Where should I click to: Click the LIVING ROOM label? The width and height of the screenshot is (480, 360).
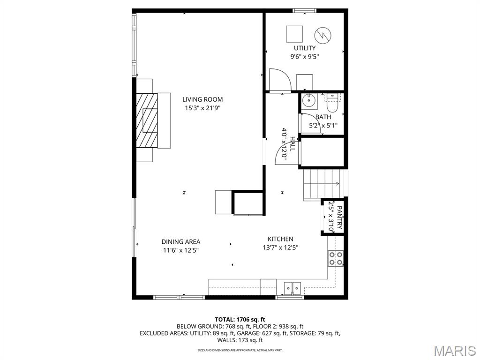[202, 99]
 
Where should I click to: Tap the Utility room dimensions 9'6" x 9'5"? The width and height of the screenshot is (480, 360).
[305, 57]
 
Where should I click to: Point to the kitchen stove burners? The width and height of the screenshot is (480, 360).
[336, 258]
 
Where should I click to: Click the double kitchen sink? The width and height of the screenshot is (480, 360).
[292, 288]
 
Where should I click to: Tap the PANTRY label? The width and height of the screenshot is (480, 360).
[339, 217]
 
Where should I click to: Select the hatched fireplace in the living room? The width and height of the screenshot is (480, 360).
[147, 120]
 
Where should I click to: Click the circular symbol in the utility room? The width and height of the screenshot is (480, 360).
[322, 35]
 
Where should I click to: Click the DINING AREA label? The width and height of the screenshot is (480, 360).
[181, 242]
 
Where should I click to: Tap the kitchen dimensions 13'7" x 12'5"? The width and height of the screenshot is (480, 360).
[280, 247]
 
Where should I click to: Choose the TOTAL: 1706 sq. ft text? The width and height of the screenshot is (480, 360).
[240, 320]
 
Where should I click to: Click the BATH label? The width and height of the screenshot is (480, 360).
[323, 117]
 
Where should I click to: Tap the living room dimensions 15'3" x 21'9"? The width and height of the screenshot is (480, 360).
[202, 108]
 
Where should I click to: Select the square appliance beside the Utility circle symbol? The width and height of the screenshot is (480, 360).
[294, 34]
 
